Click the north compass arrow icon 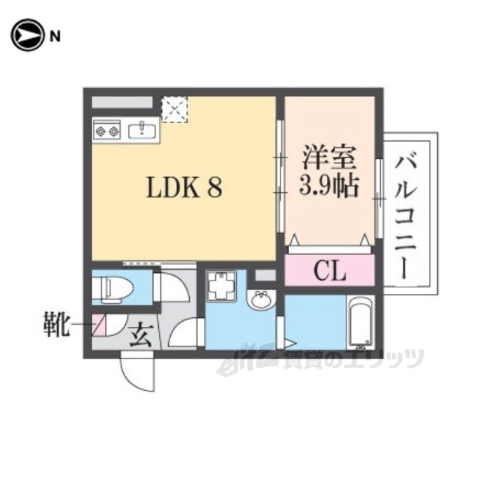tap(27, 35)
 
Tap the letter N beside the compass tap(55, 37)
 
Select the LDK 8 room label tap(184, 187)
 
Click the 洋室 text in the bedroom tap(329, 157)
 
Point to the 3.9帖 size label tap(328, 187)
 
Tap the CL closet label tap(329, 271)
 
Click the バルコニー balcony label tap(406, 217)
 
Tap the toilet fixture tap(113, 287)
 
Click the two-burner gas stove tap(106, 131)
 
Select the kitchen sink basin tap(142, 131)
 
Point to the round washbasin tap(261, 299)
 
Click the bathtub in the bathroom tap(360, 323)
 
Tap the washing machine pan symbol tap(220, 286)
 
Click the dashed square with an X tap(174, 109)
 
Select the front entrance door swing tap(138, 371)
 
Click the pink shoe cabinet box tap(99, 325)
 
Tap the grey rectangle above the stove tap(122, 102)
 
